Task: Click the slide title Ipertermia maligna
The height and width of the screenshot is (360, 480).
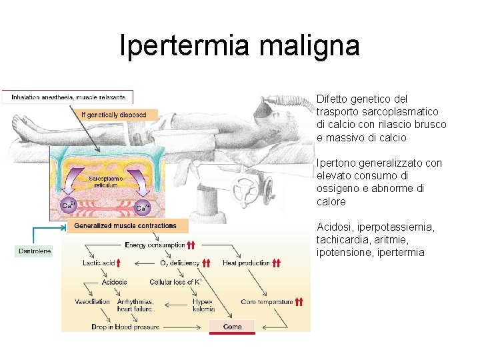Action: pyautogui.click(x=239, y=45)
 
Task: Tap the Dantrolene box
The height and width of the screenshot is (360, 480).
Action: pyautogui.click(x=33, y=251)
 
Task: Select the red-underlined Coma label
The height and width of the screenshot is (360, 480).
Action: pyautogui.click(x=232, y=327)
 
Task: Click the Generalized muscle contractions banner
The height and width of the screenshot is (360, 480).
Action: pyautogui.click(x=125, y=226)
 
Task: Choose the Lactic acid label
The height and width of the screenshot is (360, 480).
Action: pyautogui.click(x=99, y=263)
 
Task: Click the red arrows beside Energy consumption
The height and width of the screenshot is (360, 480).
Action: pyautogui.click(x=191, y=245)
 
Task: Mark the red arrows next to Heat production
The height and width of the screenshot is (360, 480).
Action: pyautogui.click(x=277, y=263)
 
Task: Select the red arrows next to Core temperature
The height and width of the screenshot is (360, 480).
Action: pyautogui.click(x=299, y=301)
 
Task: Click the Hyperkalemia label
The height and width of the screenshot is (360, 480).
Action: pyautogui.click(x=203, y=305)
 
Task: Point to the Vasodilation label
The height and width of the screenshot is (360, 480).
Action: pyautogui.click(x=93, y=301)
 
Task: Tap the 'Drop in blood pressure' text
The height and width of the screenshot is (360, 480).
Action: pyautogui.click(x=125, y=327)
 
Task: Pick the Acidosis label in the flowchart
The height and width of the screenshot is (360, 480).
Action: pyautogui.click(x=114, y=282)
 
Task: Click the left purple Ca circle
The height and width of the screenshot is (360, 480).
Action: pyautogui.click(x=67, y=206)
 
